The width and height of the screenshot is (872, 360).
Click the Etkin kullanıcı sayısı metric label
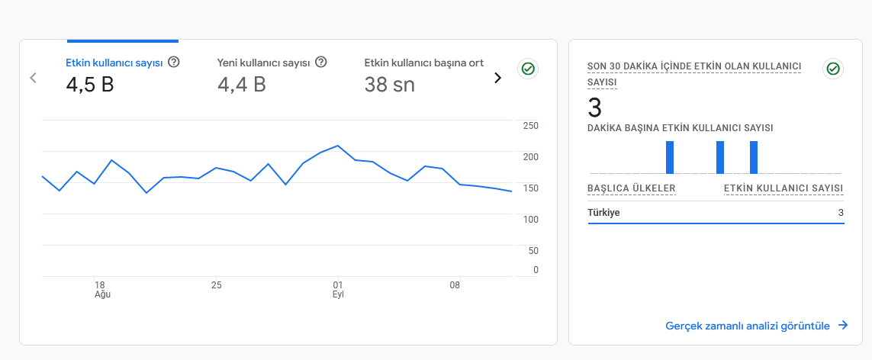pyautogui.click(x=114, y=63)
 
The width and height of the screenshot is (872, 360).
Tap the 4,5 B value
pyautogui.click(x=90, y=85)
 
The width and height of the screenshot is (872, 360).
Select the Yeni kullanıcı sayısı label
pyautogui.click(x=263, y=63)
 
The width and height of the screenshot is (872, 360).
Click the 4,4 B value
pyautogui.click(x=241, y=85)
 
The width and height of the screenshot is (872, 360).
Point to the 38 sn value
pyautogui.click(x=389, y=85)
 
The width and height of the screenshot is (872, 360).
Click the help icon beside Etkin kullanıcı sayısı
pyautogui.click(x=173, y=63)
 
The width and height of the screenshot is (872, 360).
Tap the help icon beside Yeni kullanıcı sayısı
pyautogui.click(x=321, y=63)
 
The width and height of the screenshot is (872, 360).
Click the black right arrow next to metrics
pyautogui.click(x=497, y=79)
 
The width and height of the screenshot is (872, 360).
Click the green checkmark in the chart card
pyautogui.click(x=528, y=69)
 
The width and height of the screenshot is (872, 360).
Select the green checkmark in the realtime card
pyautogui.click(x=832, y=69)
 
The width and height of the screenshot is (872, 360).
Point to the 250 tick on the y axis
pyautogui.click(x=530, y=126)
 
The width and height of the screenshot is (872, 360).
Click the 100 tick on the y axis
pyautogui.click(x=530, y=220)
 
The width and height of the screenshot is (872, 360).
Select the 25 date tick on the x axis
pyautogui.click(x=217, y=285)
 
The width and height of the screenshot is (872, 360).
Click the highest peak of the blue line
pyautogui.click(x=337, y=146)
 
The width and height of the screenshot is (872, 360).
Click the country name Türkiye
pyautogui.click(x=603, y=213)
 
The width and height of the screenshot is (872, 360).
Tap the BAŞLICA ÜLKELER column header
pyautogui.click(x=631, y=189)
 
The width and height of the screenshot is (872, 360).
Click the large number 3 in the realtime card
pyautogui.click(x=594, y=108)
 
